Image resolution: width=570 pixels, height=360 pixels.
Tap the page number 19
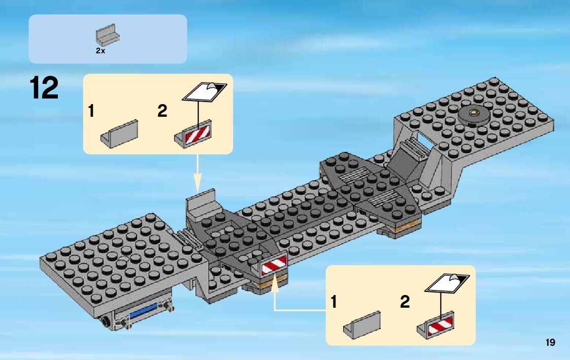(x=550, y=343)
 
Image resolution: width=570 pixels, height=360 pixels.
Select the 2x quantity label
(x=100, y=51)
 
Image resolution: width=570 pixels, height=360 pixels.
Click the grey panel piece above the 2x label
(x=108, y=36)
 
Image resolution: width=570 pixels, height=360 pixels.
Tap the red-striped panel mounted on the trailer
(x=274, y=265)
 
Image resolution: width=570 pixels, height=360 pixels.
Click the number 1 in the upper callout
(x=91, y=111)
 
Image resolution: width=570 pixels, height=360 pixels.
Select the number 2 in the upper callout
(x=162, y=111)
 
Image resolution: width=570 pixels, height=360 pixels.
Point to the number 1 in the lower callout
(x=333, y=302)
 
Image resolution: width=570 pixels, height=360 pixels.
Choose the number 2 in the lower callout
(x=405, y=302)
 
